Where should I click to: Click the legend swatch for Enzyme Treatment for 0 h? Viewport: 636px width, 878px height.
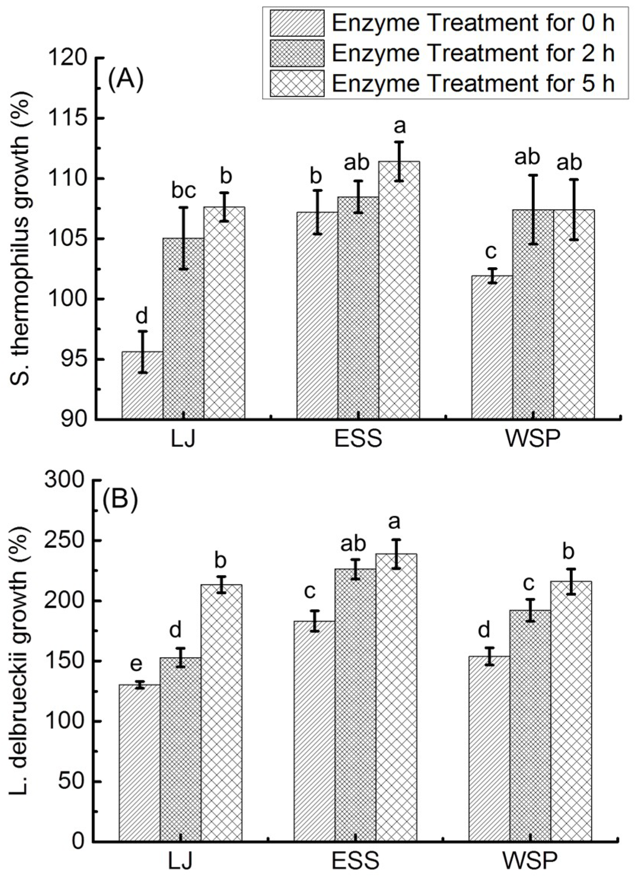pyautogui.click(x=297, y=24)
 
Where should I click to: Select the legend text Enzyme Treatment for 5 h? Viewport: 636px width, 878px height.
pyautogui.click(x=473, y=84)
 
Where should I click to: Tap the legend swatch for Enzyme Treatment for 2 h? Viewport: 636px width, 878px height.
pyautogui.click(x=297, y=54)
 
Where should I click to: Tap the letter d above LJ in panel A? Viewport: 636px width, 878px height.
pyautogui.click(x=142, y=316)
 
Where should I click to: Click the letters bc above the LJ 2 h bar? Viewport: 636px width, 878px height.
pyautogui.click(x=184, y=191)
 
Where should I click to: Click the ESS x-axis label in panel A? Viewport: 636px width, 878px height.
pyautogui.click(x=358, y=439)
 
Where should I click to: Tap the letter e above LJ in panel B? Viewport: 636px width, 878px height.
pyautogui.click(x=136, y=664)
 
